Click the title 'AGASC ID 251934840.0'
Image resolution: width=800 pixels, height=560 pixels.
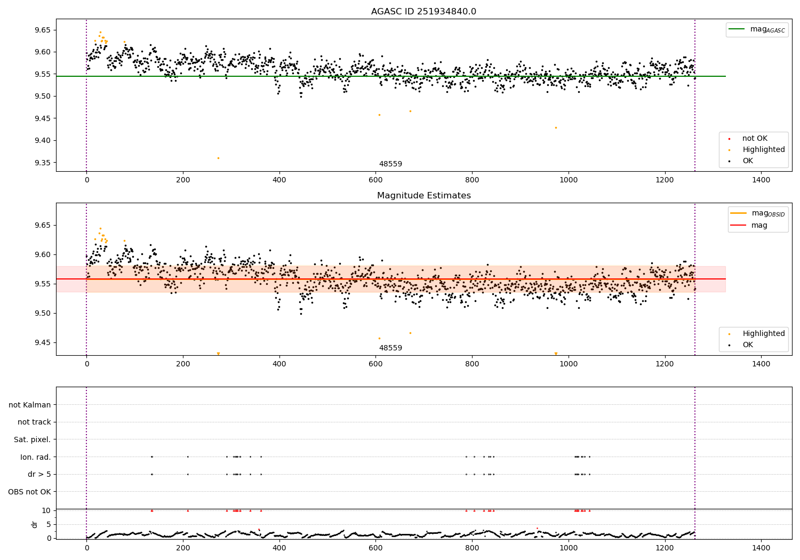(423, 12)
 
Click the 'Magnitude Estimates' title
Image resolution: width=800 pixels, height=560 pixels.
(423, 196)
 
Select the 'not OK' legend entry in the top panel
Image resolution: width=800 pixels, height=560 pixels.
(755, 139)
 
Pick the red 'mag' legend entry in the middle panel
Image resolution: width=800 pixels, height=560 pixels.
(759, 225)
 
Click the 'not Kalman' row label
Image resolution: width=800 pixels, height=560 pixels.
(30, 405)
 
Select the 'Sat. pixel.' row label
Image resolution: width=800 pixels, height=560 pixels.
(32, 439)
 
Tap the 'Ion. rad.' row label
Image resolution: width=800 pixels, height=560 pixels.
(35, 457)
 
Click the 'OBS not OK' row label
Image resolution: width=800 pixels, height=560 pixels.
(30, 492)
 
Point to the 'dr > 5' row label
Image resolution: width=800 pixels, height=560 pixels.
(39, 474)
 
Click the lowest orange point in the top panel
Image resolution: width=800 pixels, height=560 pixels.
(218, 158)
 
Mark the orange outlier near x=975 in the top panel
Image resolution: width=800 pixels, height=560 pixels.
(556, 127)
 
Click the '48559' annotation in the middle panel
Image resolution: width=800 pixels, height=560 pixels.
(390, 348)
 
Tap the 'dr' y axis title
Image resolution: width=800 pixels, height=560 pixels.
(35, 524)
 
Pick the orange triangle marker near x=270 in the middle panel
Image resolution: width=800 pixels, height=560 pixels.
(218, 354)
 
